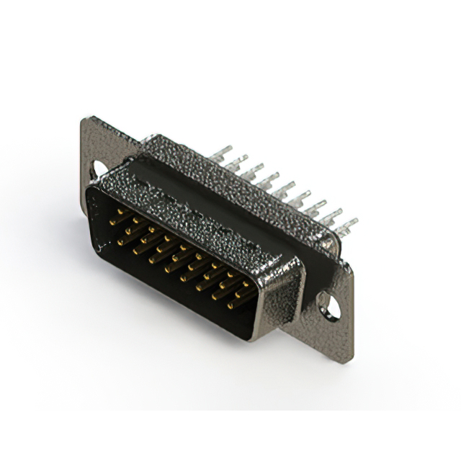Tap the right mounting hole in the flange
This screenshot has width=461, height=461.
click(333, 308)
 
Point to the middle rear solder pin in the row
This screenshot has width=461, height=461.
click(285, 189)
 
